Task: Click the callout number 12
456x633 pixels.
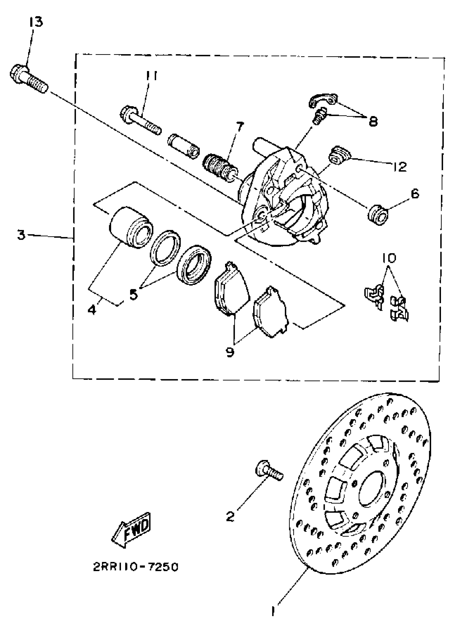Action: point(400,166)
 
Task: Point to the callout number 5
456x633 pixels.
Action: point(134,294)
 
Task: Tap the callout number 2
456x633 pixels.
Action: point(230,517)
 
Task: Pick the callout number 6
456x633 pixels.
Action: point(415,193)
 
